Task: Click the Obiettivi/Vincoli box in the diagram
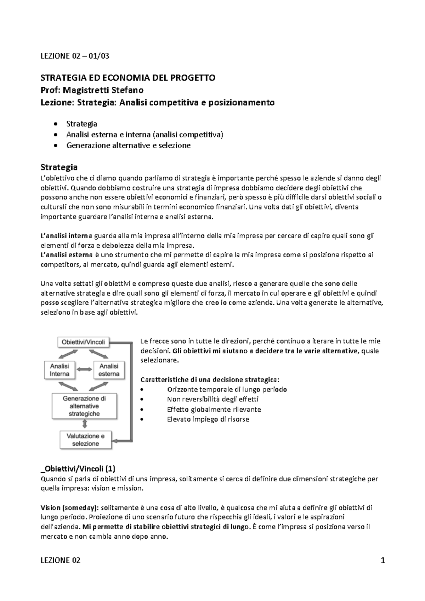pos(83,342)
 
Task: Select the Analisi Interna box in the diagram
pos(59,370)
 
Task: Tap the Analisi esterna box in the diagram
pos(109,370)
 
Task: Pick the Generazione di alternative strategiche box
pos(84,406)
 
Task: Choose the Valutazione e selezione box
pos(85,440)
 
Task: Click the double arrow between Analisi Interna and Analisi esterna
pos(84,370)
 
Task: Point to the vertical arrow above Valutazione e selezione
pos(85,424)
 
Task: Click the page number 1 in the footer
pos(382,560)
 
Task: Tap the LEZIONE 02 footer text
pos(61,560)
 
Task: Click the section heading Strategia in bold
pos(59,167)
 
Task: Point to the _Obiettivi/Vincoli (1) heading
pos(78,469)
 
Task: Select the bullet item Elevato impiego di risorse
pos(208,419)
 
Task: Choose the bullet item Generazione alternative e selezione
pos(128,145)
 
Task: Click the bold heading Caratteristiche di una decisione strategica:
pos(210,380)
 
